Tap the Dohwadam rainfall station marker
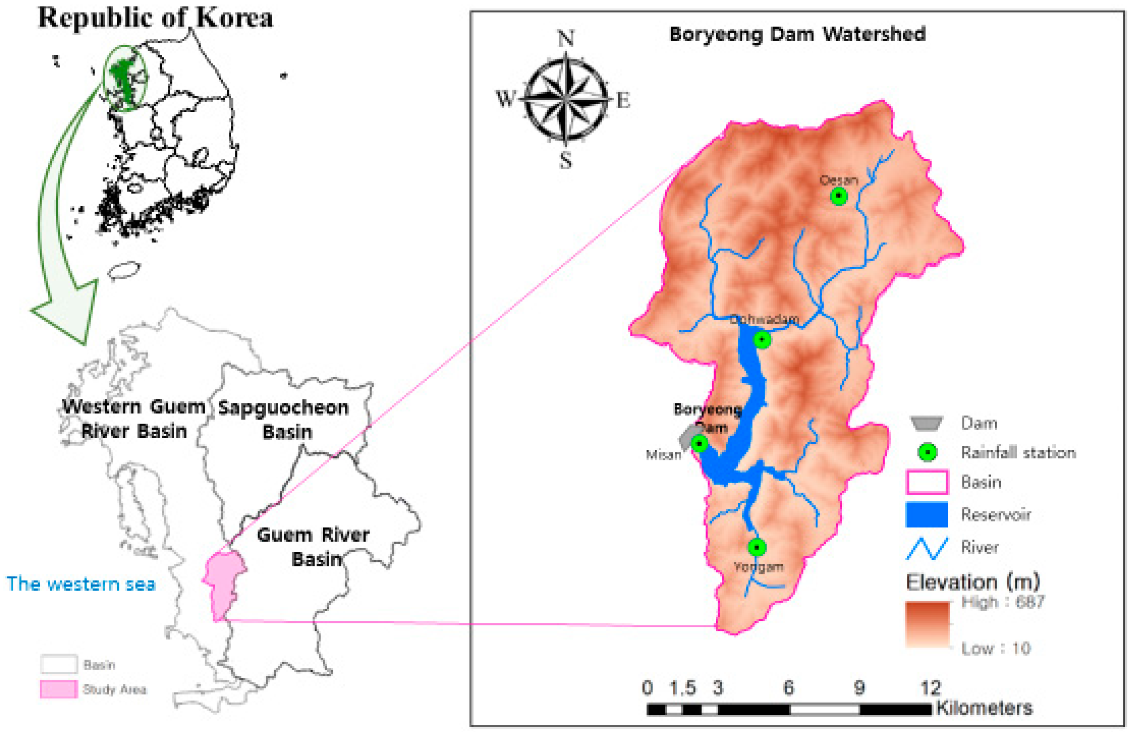(762, 340)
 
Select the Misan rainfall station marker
(699, 444)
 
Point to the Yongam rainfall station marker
(757, 547)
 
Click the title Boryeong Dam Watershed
(797, 34)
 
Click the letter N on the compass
(565, 38)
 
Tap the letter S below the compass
(565, 160)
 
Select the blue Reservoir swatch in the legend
(926, 514)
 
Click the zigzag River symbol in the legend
(926, 548)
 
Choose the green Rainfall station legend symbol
(927, 452)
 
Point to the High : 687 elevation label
(1002, 602)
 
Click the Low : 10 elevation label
(996, 648)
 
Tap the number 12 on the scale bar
(930, 687)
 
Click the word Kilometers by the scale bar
(984, 708)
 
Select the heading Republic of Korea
(155, 18)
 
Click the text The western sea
(81, 584)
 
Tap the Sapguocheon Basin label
(284, 420)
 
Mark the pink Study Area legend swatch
(58, 689)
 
